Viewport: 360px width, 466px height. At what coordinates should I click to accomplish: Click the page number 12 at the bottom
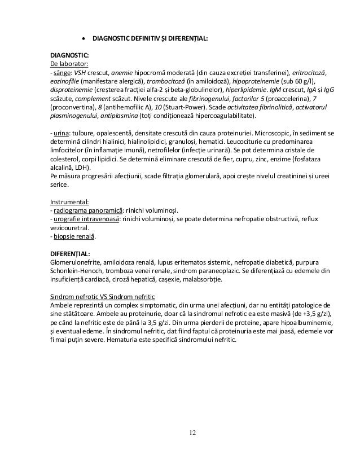(x=193, y=432)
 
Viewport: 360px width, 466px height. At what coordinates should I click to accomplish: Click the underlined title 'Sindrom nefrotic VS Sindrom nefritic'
(x=103, y=297)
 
